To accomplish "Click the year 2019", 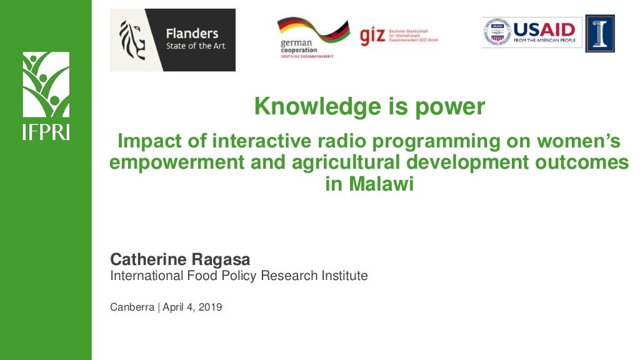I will [x=211, y=307].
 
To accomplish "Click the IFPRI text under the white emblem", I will [x=46, y=132].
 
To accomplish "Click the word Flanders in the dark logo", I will [x=192, y=34].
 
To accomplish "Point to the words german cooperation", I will [x=299, y=47].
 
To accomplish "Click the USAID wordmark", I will [x=544, y=29].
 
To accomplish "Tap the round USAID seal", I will [x=497, y=32].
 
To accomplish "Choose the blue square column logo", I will [x=600, y=33].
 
